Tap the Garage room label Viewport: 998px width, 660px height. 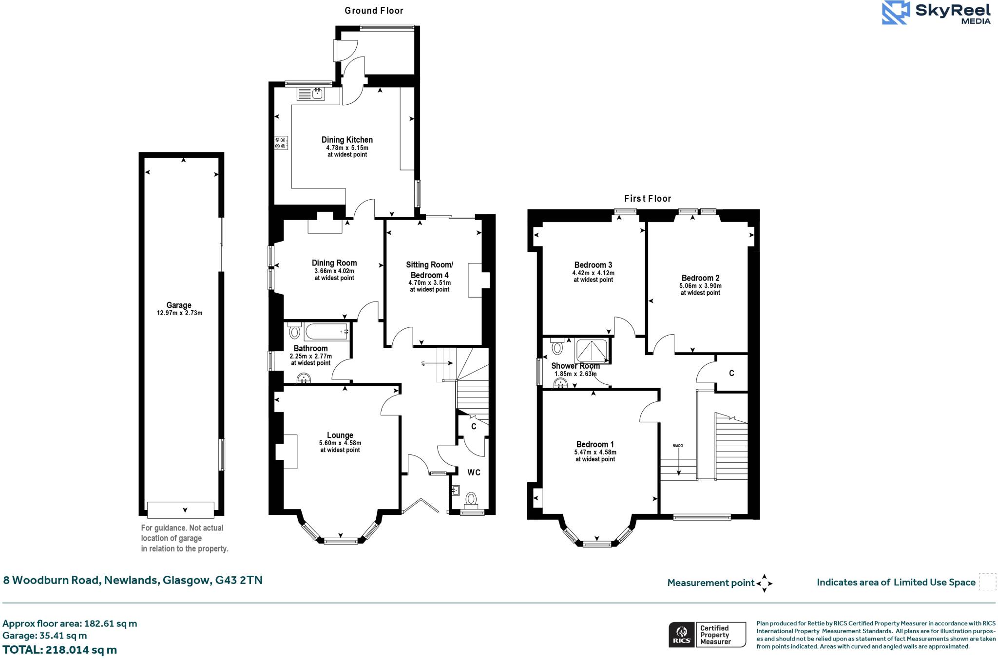179,305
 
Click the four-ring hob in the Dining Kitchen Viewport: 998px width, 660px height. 281,143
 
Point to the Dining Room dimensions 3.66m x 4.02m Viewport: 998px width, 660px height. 334,271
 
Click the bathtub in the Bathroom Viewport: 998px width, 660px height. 326,332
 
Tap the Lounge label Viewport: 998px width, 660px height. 340,435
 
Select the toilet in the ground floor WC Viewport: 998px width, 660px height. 471,498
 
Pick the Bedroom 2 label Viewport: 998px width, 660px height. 700,278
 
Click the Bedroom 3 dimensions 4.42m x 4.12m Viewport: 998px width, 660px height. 593,273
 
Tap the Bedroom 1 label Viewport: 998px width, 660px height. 595,444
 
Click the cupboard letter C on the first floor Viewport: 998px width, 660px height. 731,373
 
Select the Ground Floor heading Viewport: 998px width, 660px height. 374,10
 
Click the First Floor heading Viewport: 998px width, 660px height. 648,198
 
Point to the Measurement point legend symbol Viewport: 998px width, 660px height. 764,583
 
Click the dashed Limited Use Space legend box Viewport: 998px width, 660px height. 987,582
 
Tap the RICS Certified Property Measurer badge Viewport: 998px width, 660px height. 707,635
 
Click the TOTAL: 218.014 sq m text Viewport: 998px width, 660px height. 59,650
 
